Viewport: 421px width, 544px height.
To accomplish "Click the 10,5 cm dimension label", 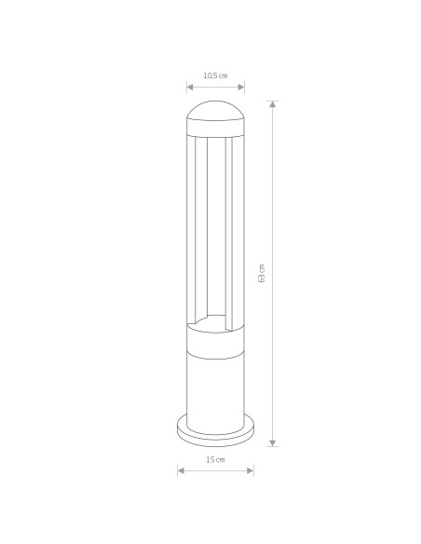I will point(215,75).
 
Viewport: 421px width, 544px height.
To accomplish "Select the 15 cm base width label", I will point(215,460).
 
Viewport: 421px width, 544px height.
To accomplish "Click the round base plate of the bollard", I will point(216,435).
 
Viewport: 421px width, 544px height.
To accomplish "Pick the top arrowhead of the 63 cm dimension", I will point(273,102).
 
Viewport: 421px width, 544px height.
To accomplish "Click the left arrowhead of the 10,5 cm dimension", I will point(189,88).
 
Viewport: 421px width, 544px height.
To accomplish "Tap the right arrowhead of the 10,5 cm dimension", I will point(242,88).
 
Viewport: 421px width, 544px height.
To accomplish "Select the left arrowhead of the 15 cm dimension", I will point(180,470).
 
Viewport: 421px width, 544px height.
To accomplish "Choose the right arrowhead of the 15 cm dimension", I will point(251,470).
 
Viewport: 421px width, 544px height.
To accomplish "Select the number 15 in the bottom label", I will point(210,460).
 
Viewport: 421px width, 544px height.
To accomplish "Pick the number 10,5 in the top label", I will point(210,75).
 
